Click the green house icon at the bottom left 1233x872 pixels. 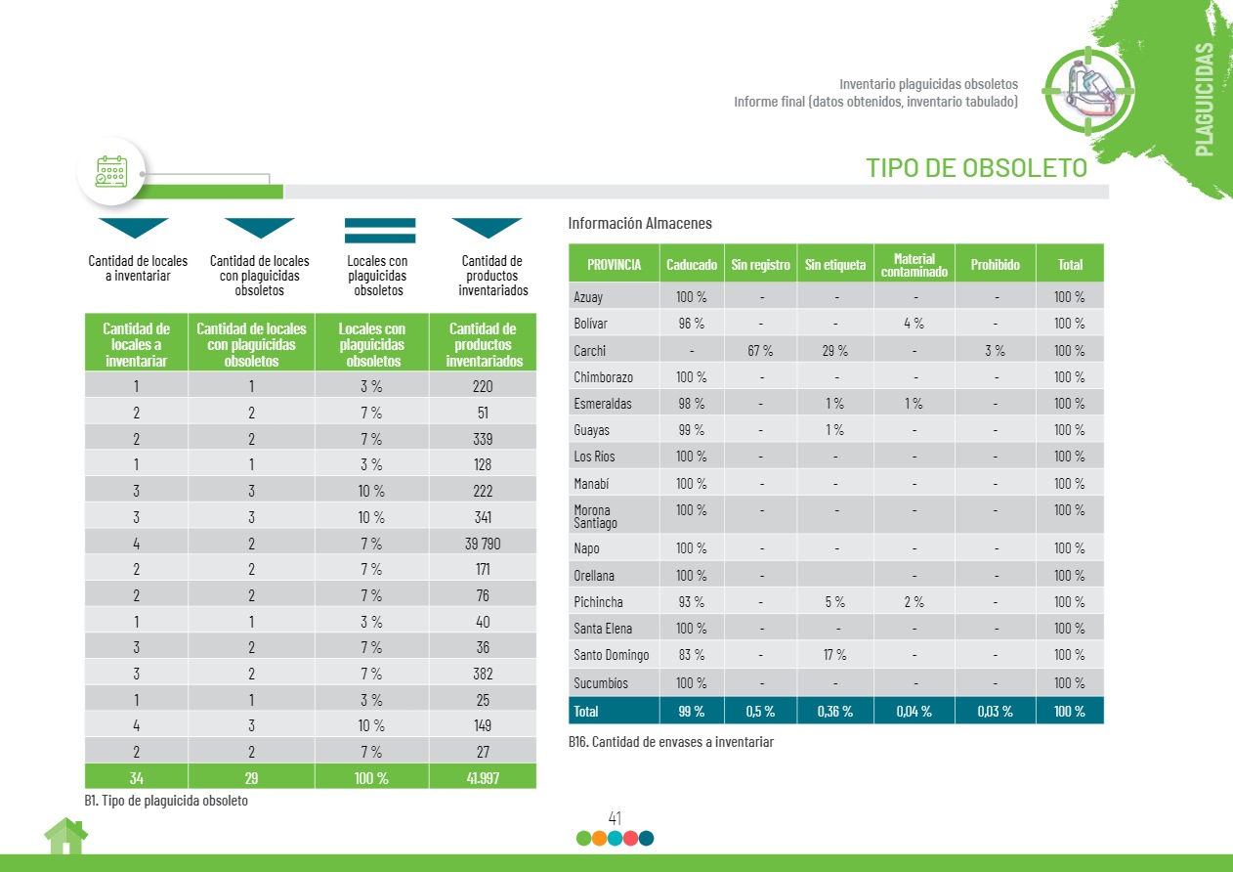[65, 837]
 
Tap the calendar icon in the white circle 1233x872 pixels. [111, 172]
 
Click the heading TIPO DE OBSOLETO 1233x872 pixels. [976, 168]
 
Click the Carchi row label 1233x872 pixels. [590, 350]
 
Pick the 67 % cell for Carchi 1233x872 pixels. [760, 350]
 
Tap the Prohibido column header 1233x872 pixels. [995, 265]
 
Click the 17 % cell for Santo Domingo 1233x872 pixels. [834, 655]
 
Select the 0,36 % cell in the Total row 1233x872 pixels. [834, 712]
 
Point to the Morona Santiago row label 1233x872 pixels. [593, 516]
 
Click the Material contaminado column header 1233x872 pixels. [914, 265]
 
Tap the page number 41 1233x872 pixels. [615, 818]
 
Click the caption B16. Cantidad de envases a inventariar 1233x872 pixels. [670, 742]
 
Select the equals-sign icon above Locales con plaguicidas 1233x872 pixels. [380, 231]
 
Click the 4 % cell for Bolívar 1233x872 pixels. [914, 324]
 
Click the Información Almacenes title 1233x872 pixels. [640, 224]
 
